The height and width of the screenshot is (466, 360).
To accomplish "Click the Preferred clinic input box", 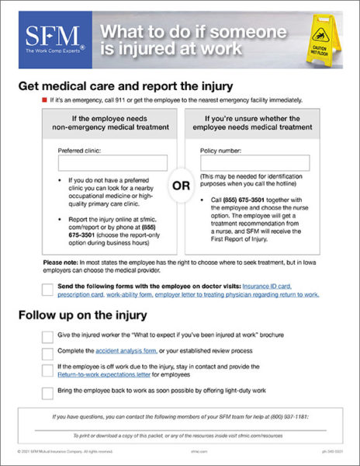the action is (x=112, y=163).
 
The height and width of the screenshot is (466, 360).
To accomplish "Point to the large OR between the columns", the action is (x=180, y=186).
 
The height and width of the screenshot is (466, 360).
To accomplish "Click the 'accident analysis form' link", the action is (x=113, y=351).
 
